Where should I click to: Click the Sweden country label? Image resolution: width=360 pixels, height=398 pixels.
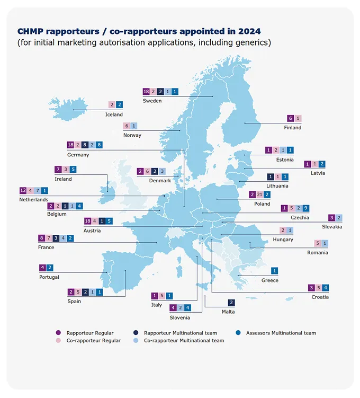152,101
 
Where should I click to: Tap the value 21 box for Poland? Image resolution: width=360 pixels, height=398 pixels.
259,194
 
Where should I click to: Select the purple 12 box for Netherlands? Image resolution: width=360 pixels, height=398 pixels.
23,190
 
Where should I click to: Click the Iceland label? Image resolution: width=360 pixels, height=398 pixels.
114,114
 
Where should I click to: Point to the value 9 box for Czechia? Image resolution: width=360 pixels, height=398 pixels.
307,208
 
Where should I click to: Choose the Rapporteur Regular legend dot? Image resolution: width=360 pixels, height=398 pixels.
58,333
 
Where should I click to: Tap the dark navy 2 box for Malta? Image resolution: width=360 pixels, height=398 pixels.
231,303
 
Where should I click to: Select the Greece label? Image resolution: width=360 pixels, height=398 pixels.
269,280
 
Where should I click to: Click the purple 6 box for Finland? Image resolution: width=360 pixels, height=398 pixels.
290,118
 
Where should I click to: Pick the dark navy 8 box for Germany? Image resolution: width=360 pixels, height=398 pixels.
85,145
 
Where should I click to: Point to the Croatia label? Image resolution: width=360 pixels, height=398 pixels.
320,297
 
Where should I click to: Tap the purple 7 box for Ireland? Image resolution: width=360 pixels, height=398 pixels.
58,170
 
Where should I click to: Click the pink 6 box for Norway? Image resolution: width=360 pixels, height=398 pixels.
126,126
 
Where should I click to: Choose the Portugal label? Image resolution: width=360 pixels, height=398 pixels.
49,277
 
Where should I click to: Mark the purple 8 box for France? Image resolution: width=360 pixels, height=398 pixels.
42,238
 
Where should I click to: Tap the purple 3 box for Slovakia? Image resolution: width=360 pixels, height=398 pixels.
331,217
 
